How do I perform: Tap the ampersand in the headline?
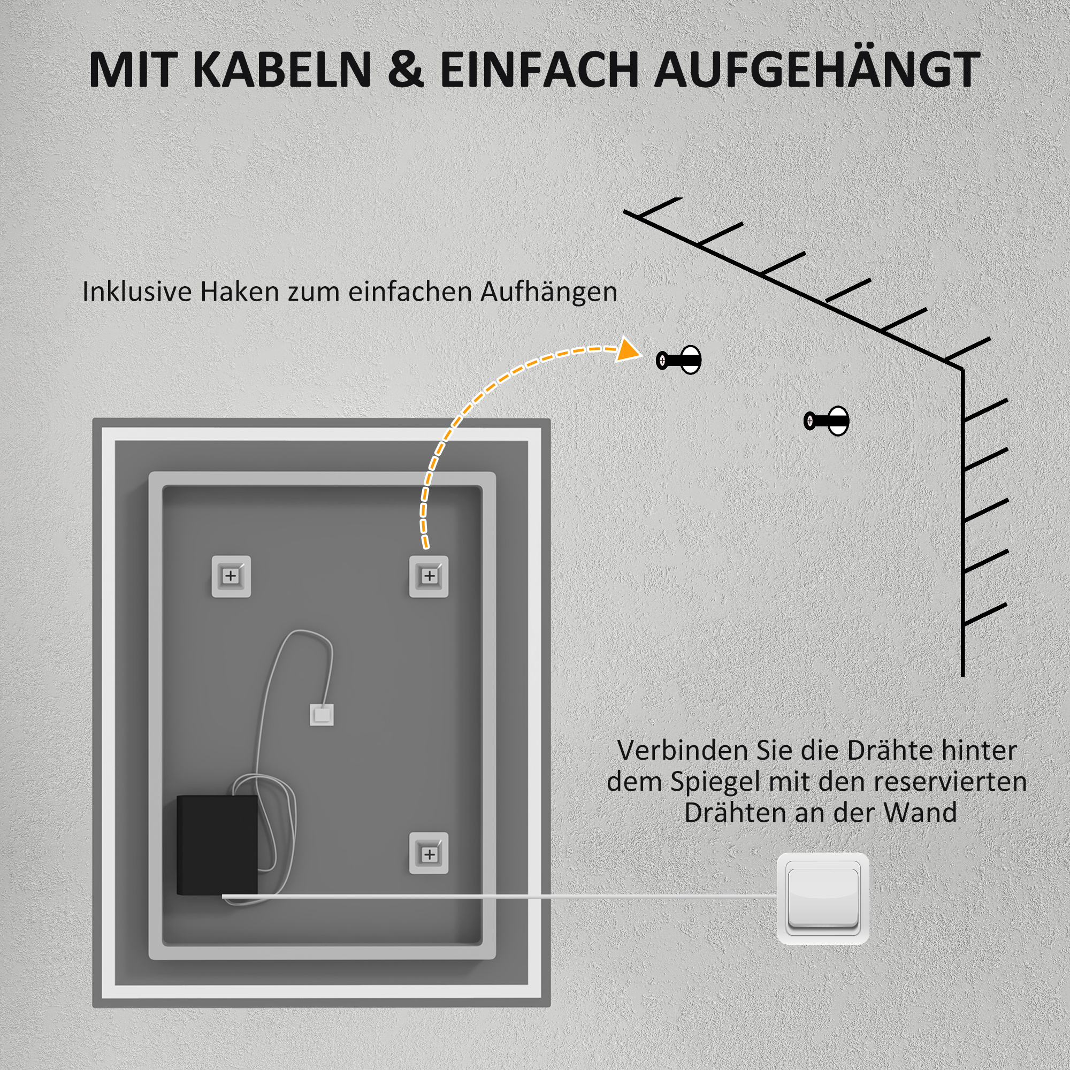[405, 70]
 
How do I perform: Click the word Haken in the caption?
[239, 292]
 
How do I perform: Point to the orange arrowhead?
[629, 350]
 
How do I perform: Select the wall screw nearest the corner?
[827, 421]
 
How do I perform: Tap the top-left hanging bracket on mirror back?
[231, 577]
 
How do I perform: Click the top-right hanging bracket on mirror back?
[429, 577]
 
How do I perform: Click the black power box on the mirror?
[217, 845]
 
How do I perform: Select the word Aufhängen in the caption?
[548, 293]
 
